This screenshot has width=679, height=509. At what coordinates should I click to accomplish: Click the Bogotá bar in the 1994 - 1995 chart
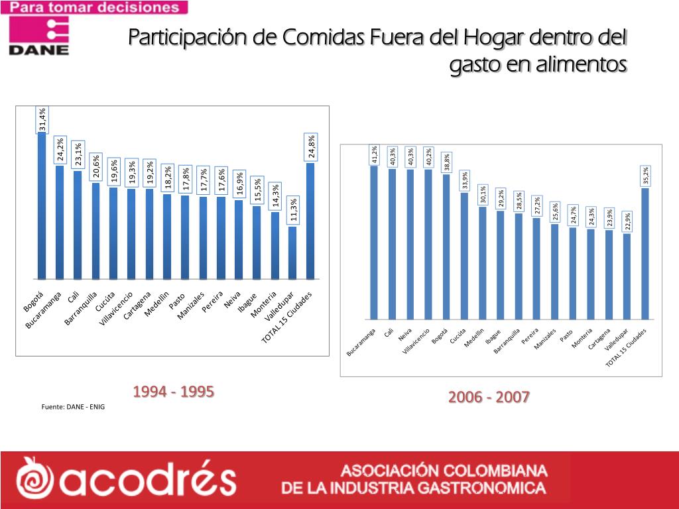[x=42, y=205]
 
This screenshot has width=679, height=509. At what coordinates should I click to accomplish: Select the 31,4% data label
[x=42, y=119]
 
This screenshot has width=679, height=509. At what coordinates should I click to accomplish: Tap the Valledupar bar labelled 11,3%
[x=292, y=253]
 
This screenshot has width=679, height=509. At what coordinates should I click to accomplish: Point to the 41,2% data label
[x=375, y=155]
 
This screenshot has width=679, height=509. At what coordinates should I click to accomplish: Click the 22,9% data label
[x=627, y=221]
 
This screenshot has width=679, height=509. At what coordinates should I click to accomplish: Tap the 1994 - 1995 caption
[x=173, y=392]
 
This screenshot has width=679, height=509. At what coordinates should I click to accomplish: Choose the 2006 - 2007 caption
[x=489, y=397]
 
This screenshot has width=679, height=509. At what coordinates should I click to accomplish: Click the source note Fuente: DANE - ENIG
[x=73, y=406]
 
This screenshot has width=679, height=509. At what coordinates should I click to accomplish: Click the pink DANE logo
[x=39, y=34]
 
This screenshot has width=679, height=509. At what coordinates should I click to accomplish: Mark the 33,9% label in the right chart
[x=465, y=179]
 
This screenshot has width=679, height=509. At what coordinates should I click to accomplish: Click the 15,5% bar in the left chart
[x=257, y=242]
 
